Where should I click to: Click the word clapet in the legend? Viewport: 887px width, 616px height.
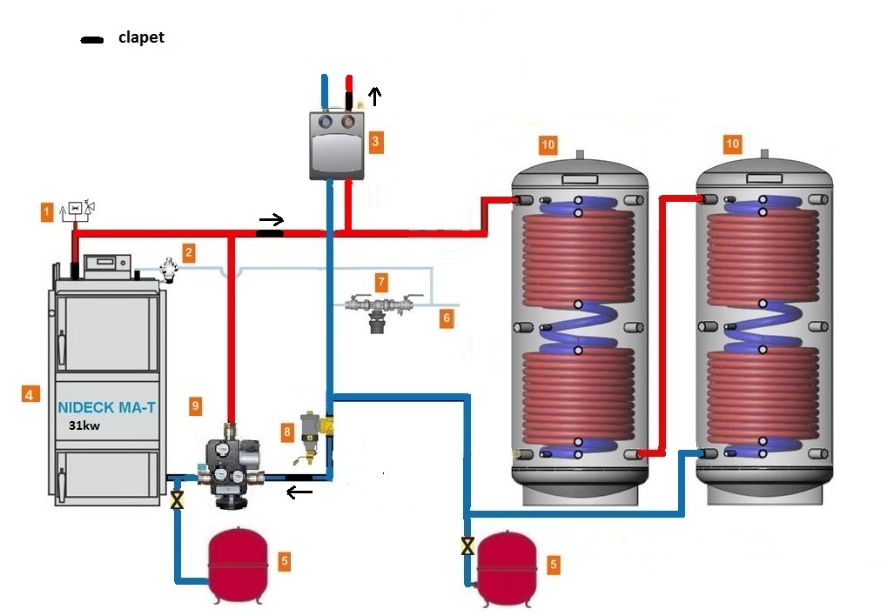[141, 38]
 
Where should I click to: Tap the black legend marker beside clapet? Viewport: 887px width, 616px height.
[90, 40]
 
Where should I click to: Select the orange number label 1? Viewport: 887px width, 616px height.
[45, 211]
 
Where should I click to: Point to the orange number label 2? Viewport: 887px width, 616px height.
[188, 253]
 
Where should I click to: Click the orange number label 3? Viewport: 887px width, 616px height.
[374, 139]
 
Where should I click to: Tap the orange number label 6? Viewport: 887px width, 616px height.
[447, 318]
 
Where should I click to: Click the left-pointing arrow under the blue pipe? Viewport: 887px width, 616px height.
[300, 493]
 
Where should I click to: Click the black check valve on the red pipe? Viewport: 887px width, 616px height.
[270, 233]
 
